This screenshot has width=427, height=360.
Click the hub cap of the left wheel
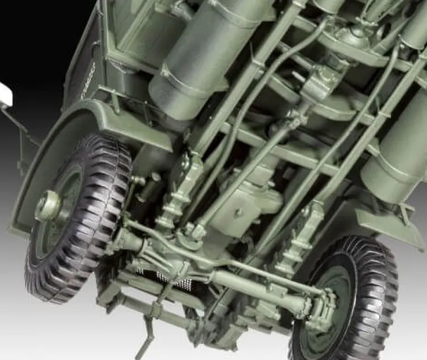click(x=48, y=206)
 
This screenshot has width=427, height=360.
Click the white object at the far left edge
click(x=4, y=93)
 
